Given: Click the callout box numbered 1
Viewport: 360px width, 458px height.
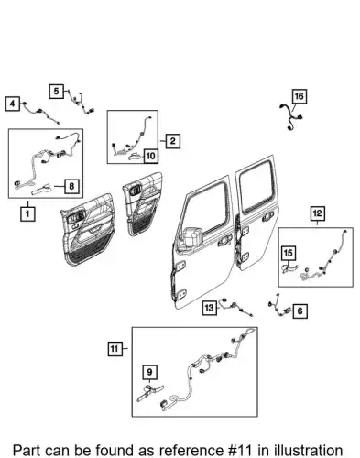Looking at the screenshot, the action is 27,213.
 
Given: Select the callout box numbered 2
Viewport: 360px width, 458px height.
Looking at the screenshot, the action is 173,141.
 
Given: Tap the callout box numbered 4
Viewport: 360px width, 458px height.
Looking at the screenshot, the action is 13,104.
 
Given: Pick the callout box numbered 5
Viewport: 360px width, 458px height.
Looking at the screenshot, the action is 57,92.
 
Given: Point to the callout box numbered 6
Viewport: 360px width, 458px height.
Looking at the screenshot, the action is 300,311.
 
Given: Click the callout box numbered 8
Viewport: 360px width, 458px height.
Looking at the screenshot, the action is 71,186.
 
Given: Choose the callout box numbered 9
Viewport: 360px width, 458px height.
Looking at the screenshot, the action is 149,372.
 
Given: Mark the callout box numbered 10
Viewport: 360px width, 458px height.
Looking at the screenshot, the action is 151,156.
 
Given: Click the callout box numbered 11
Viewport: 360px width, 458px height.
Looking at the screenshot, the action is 115,348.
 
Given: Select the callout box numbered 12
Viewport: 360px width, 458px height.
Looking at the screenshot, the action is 318,213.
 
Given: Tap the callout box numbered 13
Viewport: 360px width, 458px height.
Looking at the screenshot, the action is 209,308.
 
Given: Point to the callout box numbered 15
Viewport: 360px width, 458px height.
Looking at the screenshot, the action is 289,253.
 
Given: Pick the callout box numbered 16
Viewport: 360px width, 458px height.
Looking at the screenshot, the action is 300,96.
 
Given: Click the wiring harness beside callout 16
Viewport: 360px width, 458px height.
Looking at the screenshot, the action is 290,118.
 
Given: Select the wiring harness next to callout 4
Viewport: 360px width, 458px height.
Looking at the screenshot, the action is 40,113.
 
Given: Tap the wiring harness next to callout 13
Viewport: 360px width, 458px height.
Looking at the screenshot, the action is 236,307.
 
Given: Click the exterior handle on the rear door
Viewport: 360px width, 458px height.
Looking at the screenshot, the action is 267,217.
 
